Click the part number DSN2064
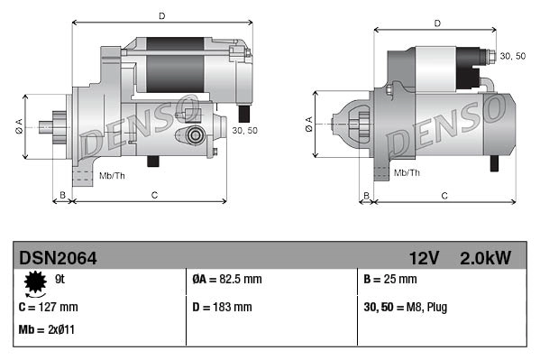[58, 258]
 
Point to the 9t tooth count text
[60, 279]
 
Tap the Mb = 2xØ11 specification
[47, 329]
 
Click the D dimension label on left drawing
[160, 15]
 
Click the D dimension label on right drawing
[436, 23]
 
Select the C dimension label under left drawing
[154, 195]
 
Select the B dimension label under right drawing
[365, 195]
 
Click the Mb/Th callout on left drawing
[114, 173]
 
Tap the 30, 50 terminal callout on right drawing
[512, 56]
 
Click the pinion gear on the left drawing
[59, 126]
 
